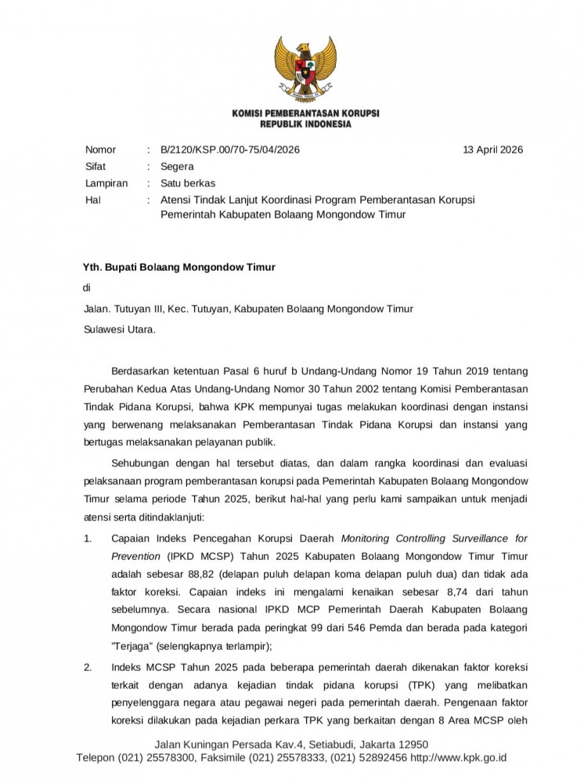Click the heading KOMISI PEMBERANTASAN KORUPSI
pos(306,114)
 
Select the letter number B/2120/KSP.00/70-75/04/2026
pos(229,150)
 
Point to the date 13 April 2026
pos(493,150)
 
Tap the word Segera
pos(177,167)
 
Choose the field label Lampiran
pos(105,183)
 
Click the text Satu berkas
pos(187,183)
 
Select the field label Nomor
pos(100,150)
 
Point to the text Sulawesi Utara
pos(120,330)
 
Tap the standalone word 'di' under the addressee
pos(88,288)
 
